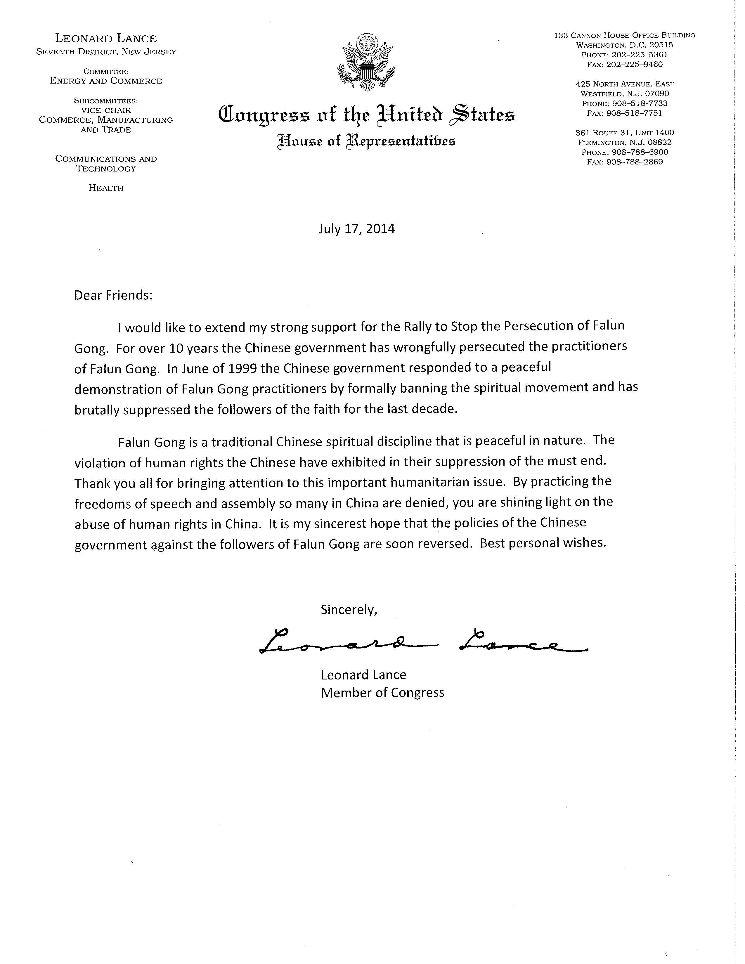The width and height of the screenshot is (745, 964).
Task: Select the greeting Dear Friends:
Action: click(113, 295)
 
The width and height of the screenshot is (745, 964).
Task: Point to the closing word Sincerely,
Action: click(349, 610)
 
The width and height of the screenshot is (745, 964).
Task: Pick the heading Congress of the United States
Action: click(366, 114)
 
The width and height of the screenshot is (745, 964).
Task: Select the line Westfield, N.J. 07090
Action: click(625, 93)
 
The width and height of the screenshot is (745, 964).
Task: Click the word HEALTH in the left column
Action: click(106, 188)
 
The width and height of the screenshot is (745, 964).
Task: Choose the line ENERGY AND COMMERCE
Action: click(106, 81)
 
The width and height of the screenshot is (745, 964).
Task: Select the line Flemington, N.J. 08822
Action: click(625, 143)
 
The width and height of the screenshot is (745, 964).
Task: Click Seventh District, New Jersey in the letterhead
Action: click(106, 52)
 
